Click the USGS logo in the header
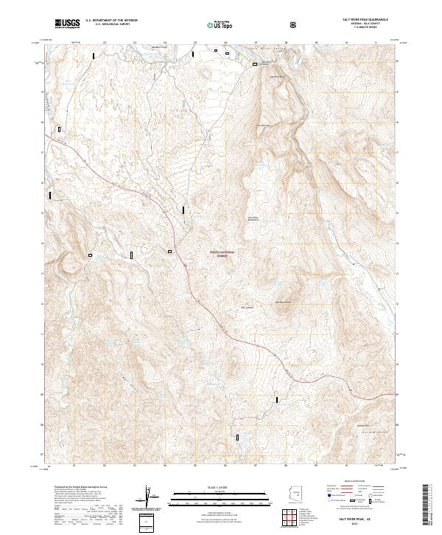[69, 24]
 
